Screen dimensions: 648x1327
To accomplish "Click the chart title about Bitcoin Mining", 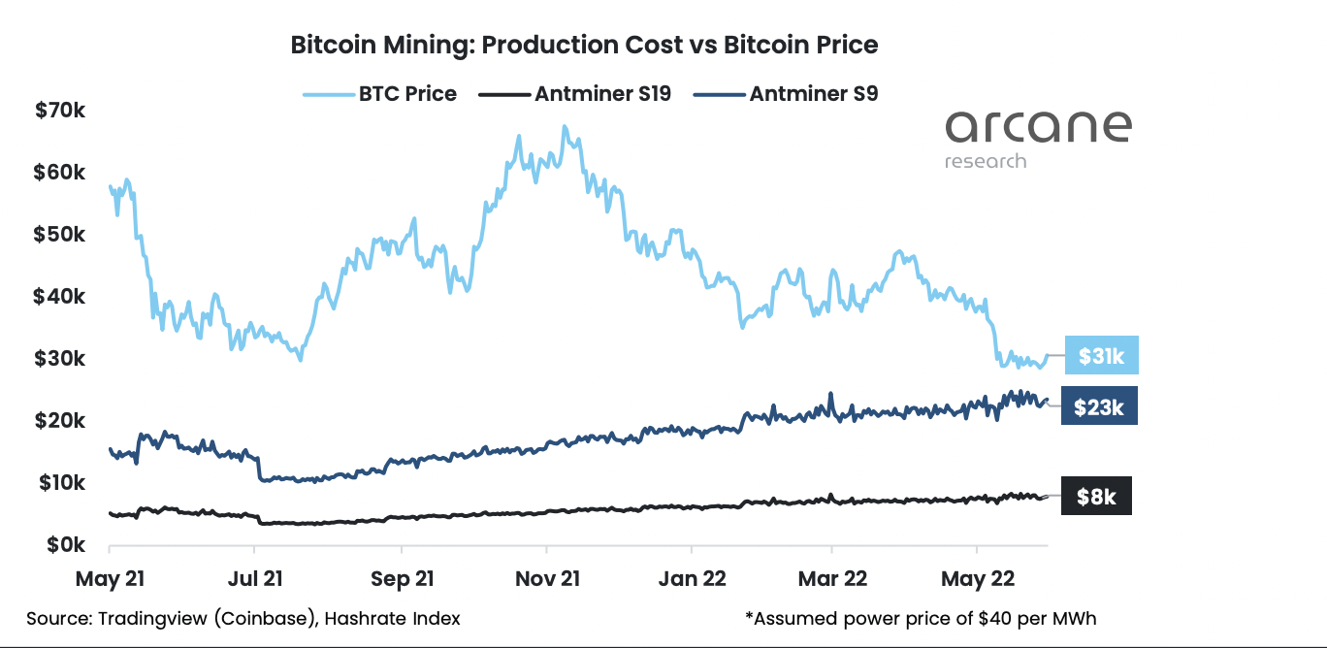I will pyautogui.click(x=584, y=45).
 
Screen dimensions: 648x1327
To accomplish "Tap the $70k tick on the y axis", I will pyautogui.click(x=60, y=111).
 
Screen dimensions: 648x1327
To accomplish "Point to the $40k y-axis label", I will pyautogui.click(x=60, y=297).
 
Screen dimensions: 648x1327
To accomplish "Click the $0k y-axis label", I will pyautogui.click(x=64, y=545).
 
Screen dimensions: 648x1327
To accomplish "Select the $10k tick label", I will pyautogui.click(x=60, y=483).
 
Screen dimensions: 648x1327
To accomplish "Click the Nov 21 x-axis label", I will pyautogui.click(x=549, y=579).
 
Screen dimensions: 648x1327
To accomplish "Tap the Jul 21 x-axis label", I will pyautogui.click(x=255, y=579).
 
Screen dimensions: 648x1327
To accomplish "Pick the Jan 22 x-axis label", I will pyautogui.click(x=691, y=579).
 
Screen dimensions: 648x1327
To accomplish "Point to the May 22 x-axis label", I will pyautogui.click(x=979, y=579).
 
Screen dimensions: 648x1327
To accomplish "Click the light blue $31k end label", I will pyautogui.click(x=1101, y=357).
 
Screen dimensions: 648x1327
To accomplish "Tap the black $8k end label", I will pyautogui.click(x=1096, y=497).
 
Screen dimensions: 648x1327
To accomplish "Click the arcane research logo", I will pyautogui.click(x=1038, y=139).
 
